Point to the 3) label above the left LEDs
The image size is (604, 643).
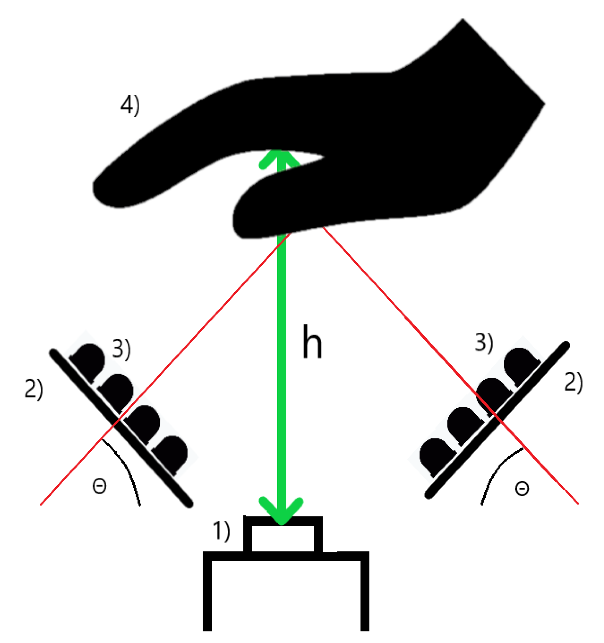[x=121, y=349]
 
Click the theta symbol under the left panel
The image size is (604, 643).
[x=99, y=486]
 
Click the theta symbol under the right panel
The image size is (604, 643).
[x=521, y=488]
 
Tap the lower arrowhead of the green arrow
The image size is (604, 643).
[x=281, y=510]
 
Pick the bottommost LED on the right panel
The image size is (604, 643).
[x=435, y=454]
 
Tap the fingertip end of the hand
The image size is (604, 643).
[x=106, y=192]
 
